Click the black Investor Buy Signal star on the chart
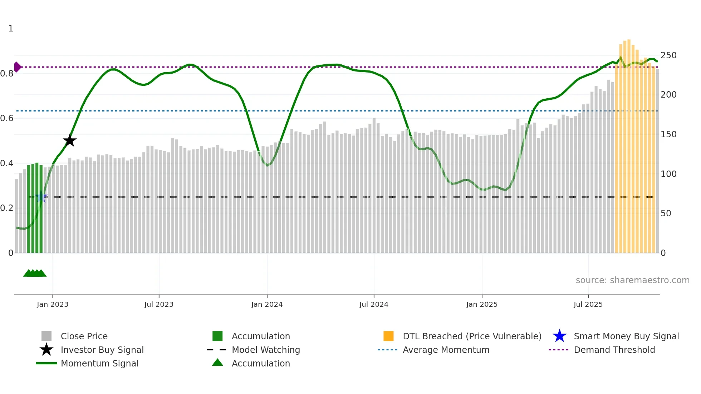coord(70,141)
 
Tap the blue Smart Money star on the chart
coord(41,197)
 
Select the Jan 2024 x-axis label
coord(267,304)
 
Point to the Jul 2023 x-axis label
coord(159,304)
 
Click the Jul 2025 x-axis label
coord(588,304)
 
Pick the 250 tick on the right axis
coord(668,55)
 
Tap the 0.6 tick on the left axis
coord(7,118)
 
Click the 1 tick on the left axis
coord(11,29)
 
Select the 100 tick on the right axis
coord(668,174)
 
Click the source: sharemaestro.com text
coord(632,280)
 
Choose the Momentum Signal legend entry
coord(99,363)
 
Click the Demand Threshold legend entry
coord(614,350)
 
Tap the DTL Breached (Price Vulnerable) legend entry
coord(472,336)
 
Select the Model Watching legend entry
coord(266,350)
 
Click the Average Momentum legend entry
coord(446,350)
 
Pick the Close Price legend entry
coord(84,336)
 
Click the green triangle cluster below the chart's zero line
coord(35,273)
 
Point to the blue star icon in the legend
coord(559,336)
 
